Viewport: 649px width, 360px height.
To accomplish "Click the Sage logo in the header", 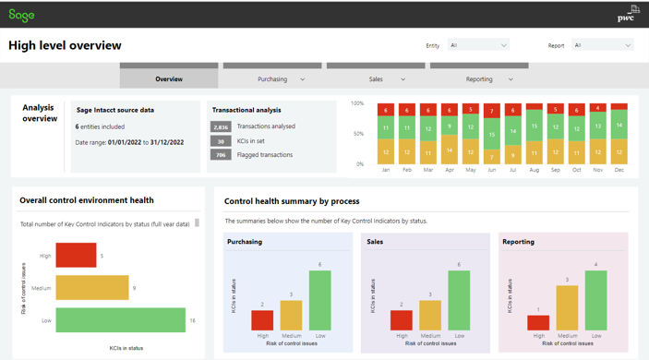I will pos(21,16).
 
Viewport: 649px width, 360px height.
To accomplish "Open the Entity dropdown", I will pos(478,45).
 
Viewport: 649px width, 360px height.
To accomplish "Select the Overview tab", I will pos(169,78).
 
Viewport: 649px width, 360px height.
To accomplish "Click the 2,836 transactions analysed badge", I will pos(221,126).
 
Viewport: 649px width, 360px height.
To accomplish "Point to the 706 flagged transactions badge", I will pos(221,155).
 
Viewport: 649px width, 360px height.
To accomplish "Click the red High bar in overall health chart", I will pos(76,256).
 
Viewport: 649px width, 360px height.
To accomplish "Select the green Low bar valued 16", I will pos(120,319).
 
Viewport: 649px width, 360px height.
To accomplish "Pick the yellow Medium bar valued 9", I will pos(92,287).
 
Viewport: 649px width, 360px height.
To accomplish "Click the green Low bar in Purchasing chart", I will pos(319,300).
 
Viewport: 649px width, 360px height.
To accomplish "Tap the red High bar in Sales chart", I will pos(402,319).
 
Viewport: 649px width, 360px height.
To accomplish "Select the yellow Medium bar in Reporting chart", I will pos(567,307).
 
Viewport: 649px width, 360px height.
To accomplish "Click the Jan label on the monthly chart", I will pos(386,170).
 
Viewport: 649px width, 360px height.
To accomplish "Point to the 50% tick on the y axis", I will pos(357,134).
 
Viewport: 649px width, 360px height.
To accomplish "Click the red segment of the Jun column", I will pos(492,111).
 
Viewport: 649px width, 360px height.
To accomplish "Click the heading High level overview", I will pos(65,45).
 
